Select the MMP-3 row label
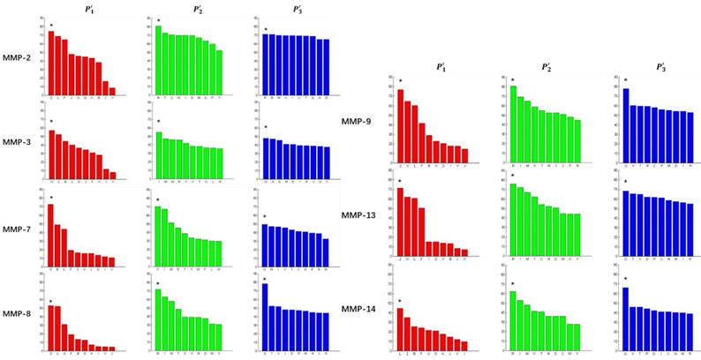click(17, 141)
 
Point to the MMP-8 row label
click(17, 313)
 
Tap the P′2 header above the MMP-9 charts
click(537, 67)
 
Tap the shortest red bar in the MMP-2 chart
click(112, 91)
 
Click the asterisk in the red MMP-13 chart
click(399, 180)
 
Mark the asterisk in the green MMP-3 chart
click(158, 122)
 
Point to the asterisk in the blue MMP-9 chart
click(626, 80)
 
